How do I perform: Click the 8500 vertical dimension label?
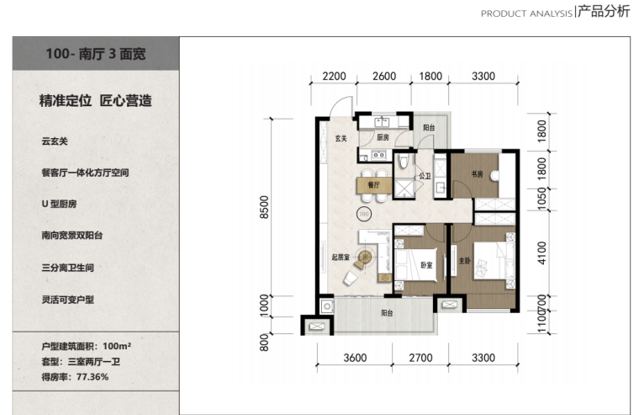click(265, 207)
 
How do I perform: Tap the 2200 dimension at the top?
click(334, 77)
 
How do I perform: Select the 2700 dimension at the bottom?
click(420, 358)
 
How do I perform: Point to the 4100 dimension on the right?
click(541, 253)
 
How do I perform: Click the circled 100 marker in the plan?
click(363, 214)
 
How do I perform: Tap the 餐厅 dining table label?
click(373, 185)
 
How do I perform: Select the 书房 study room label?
click(477, 174)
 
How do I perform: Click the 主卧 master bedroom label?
click(465, 260)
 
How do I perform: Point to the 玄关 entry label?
click(341, 138)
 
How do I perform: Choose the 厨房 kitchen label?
click(383, 137)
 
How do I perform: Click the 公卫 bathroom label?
click(425, 176)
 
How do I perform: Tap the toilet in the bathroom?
click(404, 161)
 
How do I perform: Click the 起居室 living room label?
click(341, 257)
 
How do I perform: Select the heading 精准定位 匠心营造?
click(95, 101)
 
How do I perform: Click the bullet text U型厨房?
click(59, 204)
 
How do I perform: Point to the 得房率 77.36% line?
click(75, 377)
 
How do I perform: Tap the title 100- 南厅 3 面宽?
click(96, 54)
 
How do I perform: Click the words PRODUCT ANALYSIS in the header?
click(526, 13)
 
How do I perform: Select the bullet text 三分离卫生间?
click(67, 268)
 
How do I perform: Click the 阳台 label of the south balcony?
click(387, 313)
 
